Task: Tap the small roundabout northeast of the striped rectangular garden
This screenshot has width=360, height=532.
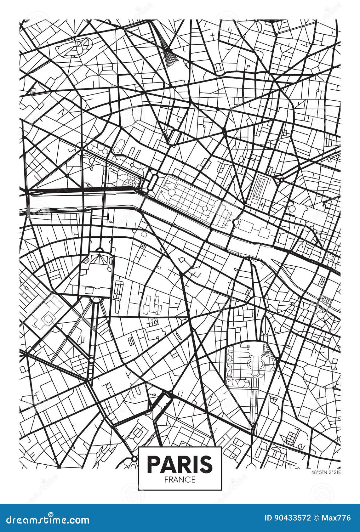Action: [x=280, y=180]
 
